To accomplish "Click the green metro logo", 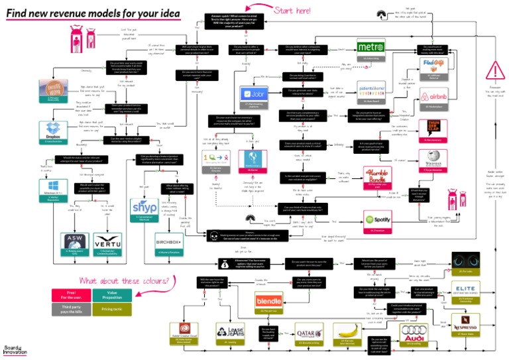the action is (x=370, y=48).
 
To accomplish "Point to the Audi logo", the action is (x=412, y=331).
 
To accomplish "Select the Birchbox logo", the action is (x=169, y=241).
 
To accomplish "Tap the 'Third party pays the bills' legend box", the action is (x=71, y=308).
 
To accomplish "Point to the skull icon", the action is (x=213, y=237).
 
